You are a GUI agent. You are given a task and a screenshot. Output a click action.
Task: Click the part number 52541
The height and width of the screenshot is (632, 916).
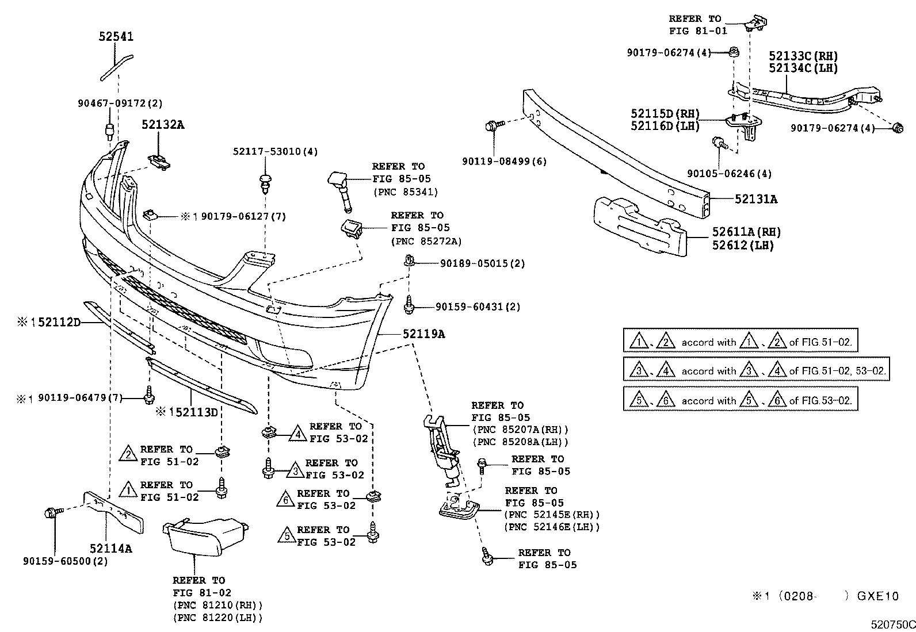(116, 37)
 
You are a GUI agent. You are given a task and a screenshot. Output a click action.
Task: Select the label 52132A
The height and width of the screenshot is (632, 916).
(163, 125)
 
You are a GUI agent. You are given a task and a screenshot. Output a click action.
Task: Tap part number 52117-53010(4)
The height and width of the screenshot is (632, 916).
(275, 152)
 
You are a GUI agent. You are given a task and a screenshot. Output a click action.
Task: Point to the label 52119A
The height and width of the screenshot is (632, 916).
(423, 334)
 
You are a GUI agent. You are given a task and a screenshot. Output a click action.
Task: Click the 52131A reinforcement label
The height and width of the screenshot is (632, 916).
(755, 200)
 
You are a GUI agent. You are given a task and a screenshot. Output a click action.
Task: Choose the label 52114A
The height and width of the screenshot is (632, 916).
(110, 549)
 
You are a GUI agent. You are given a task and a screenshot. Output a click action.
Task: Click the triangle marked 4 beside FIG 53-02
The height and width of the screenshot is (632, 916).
(297, 433)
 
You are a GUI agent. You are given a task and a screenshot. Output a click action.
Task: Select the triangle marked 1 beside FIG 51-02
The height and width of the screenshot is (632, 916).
(128, 491)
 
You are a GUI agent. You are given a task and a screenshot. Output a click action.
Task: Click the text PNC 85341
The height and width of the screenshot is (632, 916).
(405, 192)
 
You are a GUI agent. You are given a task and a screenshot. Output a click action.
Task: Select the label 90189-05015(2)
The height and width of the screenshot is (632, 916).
(482, 263)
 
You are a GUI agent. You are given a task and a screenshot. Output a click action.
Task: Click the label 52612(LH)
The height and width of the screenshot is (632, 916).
(743, 245)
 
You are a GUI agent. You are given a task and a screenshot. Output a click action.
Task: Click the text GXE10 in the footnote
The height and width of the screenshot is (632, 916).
(877, 596)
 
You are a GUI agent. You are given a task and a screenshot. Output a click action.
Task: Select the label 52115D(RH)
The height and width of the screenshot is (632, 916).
(665, 114)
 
